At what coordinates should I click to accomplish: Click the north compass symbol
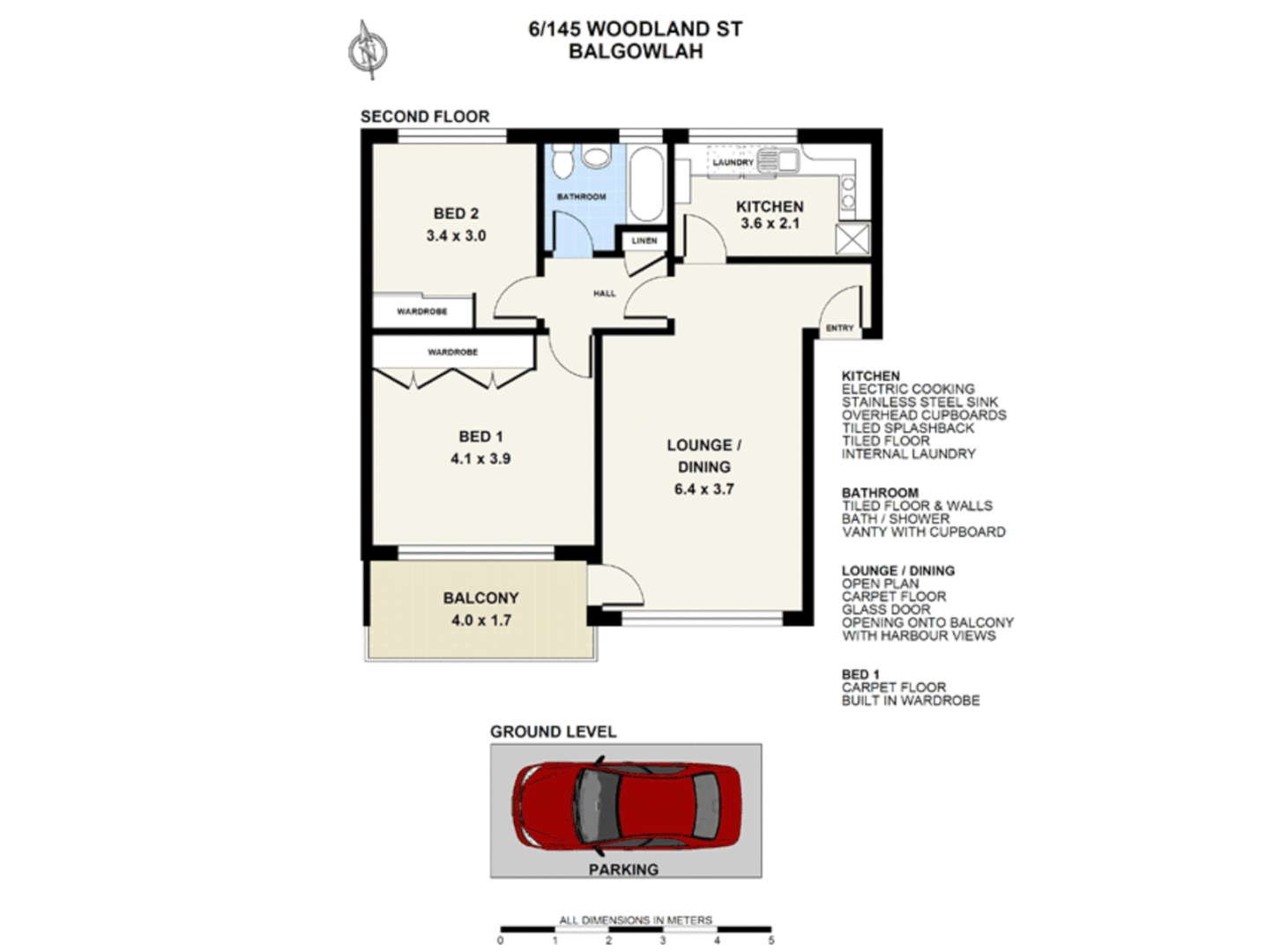click(x=368, y=50)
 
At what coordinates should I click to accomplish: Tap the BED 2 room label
click(x=456, y=213)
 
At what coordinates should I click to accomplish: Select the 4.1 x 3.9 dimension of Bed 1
click(x=480, y=458)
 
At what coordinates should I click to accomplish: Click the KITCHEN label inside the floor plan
click(x=770, y=206)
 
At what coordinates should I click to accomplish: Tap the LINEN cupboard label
click(x=644, y=241)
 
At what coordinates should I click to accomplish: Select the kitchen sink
click(x=778, y=161)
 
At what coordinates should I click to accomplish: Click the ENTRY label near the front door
click(x=839, y=328)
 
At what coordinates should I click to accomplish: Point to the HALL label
click(x=605, y=294)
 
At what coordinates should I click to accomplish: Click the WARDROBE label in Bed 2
click(x=421, y=312)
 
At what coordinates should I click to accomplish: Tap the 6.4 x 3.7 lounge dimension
click(x=703, y=489)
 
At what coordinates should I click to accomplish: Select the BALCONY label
click(x=480, y=598)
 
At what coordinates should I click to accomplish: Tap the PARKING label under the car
click(x=623, y=869)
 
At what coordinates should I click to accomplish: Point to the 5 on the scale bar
click(x=770, y=941)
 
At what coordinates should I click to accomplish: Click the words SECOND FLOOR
click(x=425, y=116)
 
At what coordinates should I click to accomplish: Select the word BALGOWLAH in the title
click(x=635, y=51)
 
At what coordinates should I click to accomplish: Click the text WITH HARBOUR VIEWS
click(x=919, y=636)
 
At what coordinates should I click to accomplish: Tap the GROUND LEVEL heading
click(x=553, y=732)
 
